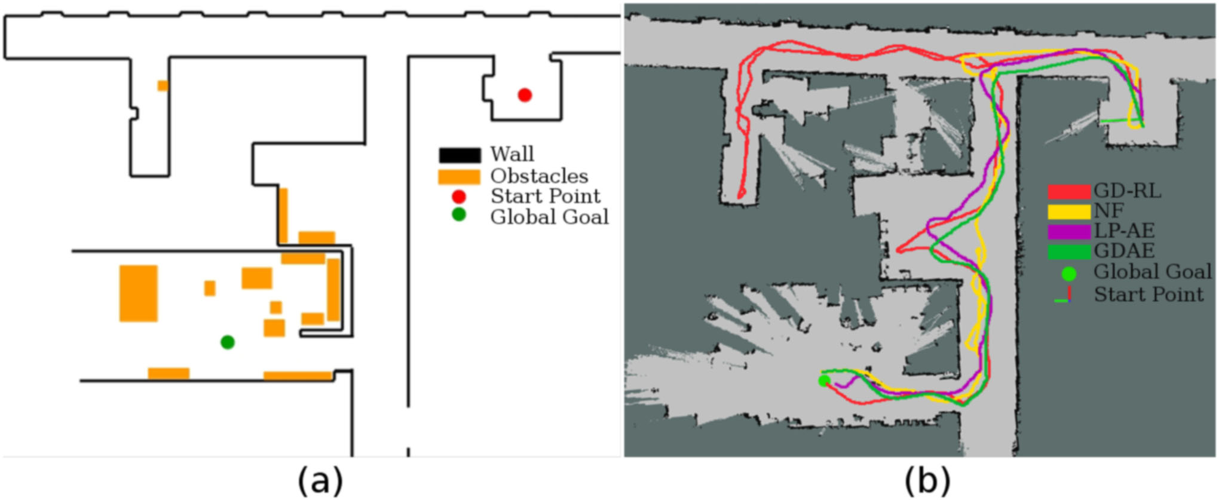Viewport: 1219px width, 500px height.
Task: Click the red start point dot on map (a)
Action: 525,95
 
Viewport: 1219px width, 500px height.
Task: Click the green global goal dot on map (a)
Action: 227,342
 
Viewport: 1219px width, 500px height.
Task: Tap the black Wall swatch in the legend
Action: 460,155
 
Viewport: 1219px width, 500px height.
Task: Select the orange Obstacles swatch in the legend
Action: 459,177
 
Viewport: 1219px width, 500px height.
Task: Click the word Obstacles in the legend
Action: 539,176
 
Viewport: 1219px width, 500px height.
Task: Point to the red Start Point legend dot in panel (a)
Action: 459,197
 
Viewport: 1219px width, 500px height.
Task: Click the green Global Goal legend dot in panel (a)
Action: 459,215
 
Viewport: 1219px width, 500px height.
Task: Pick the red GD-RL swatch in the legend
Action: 1069,192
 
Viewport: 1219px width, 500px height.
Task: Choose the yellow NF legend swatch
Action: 1069,211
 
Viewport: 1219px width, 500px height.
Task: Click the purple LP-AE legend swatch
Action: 1069,231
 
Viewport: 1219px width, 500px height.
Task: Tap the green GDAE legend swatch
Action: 1069,251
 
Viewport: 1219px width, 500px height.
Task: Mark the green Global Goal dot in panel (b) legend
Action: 1069,274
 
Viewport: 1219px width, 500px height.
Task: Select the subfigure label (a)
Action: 320,480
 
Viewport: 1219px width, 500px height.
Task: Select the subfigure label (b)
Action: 927,480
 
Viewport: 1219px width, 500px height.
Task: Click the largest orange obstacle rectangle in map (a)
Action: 139,293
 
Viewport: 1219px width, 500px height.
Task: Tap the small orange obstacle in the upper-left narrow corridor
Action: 163,86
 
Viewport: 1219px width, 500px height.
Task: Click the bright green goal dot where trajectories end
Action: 824,381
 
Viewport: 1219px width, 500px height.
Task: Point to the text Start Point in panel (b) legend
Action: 1148,295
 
